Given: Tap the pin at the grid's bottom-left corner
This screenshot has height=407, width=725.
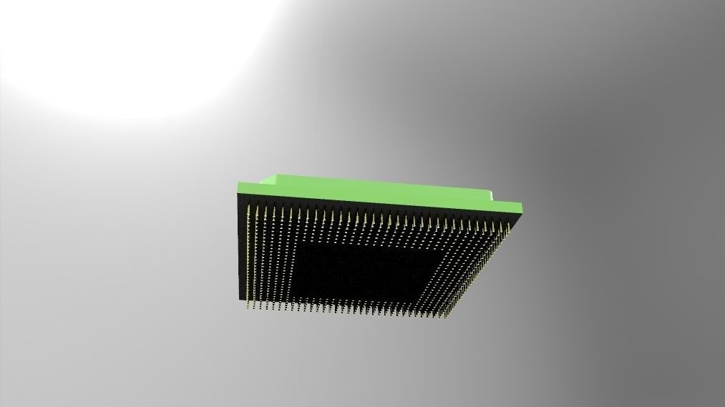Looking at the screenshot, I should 248,304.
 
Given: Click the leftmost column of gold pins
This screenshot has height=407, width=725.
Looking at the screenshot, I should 248,258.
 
